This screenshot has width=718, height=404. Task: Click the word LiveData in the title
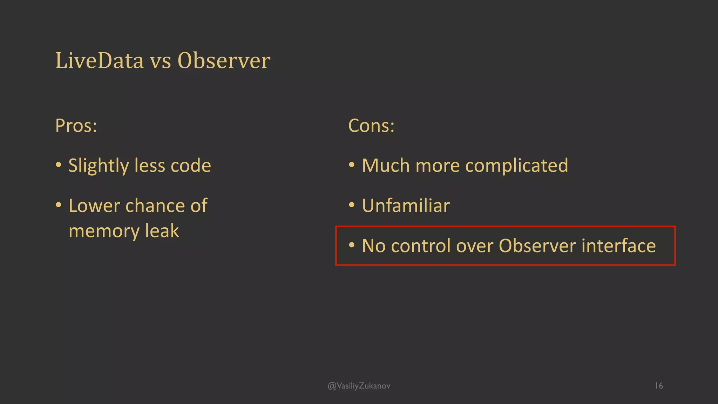pyautogui.click(x=100, y=61)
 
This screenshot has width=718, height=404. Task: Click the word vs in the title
pyautogui.click(x=161, y=61)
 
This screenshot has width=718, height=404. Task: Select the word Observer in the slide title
pyautogui.click(x=224, y=61)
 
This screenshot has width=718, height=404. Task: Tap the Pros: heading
pyautogui.click(x=76, y=126)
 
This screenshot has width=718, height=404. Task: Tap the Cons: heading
pyautogui.click(x=371, y=126)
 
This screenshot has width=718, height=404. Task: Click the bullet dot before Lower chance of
pyautogui.click(x=59, y=205)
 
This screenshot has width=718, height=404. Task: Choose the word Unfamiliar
pyautogui.click(x=406, y=206)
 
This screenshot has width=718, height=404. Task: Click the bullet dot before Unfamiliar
pyautogui.click(x=352, y=205)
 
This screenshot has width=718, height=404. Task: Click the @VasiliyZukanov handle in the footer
pyautogui.click(x=359, y=386)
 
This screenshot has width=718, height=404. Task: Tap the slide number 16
pyautogui.click(x=659, y=386)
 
